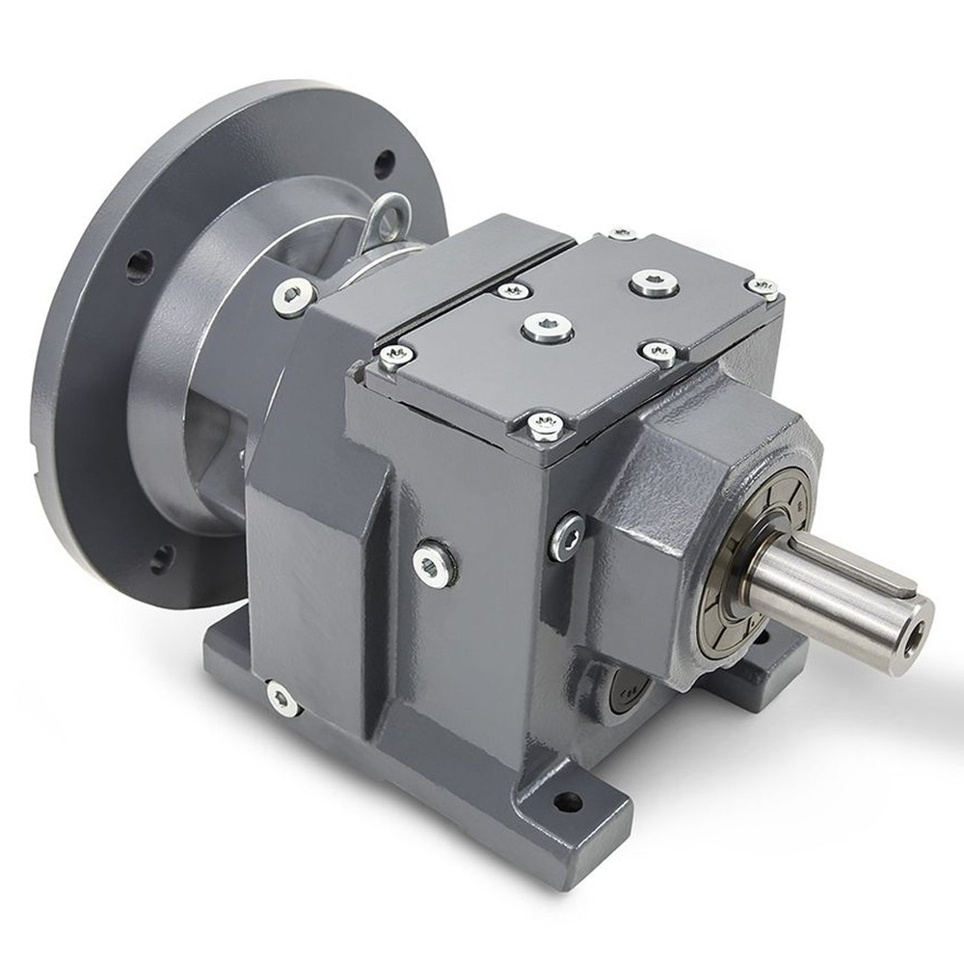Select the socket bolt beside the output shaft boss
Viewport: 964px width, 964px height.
(569, 532)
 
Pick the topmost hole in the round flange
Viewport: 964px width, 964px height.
(385, 164)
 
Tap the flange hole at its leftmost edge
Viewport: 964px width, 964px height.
(139, 262)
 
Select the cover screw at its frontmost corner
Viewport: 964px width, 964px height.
(545, 425)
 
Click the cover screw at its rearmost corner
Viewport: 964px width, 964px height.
(623, 234)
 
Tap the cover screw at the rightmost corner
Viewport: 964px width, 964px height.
(762, 287)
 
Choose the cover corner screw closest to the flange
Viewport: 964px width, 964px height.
(395, 356)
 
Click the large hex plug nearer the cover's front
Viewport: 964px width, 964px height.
(548, 328)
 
